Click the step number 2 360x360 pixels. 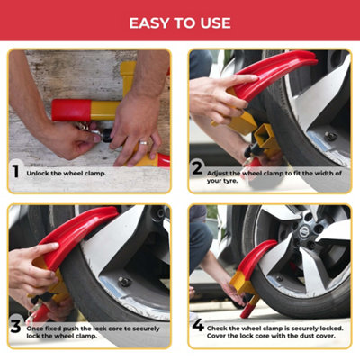click(x=196, y=167)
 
